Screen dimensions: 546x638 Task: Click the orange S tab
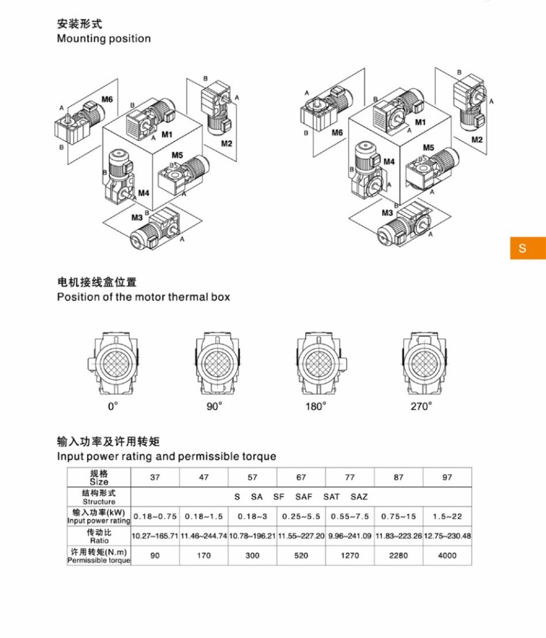[x=528, y=248]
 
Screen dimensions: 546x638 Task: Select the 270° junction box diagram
[x=425, y=364]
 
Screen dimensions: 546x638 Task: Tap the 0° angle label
[x=113, y=406]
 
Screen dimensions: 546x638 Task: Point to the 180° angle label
[x=316, y=406]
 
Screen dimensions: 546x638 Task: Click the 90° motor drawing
[x=218, y=364]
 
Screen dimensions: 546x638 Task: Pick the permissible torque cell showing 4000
[x=447, y=556]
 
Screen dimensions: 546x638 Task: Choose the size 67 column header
[x=301, y=477]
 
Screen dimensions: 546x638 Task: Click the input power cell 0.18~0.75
[x=155, y=516]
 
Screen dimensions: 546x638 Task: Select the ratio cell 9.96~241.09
[x=350, y=536]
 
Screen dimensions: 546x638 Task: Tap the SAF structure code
[x=303, y=497]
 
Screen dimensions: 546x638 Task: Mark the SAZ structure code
[x=359, y=497]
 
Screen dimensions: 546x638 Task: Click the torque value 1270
[x=350, y=556]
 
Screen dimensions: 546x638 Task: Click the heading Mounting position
[x=104, y=39]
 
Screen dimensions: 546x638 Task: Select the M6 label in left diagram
[x=107, y=99]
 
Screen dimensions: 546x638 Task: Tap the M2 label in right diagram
[x=477, y=139]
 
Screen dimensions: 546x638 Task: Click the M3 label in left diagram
[x=136, y=218]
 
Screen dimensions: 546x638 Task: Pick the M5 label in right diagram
[x=428, y=147]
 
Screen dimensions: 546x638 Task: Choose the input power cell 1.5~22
[x=447, y=516]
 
